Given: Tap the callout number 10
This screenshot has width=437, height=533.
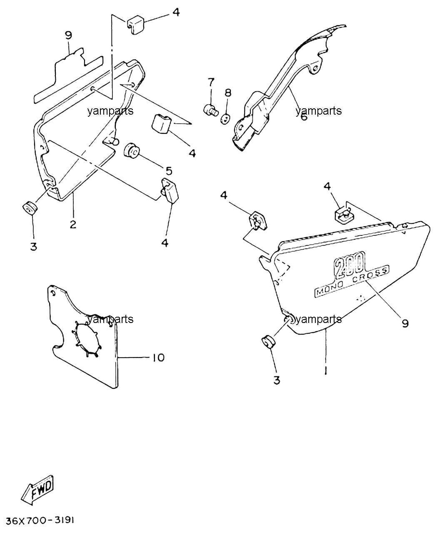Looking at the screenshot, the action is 158,358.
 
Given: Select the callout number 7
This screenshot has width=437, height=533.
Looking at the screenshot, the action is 211,82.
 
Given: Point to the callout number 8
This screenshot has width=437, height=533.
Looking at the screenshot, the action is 228,93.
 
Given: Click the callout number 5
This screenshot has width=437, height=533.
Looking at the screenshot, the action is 169,171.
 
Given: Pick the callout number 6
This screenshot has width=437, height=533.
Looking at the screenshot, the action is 304,117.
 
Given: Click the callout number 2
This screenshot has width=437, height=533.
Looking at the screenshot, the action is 73,225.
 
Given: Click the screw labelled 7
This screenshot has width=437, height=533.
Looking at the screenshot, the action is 211,110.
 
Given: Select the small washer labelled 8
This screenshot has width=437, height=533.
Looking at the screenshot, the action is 225,119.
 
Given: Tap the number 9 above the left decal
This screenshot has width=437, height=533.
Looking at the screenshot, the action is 68,35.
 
